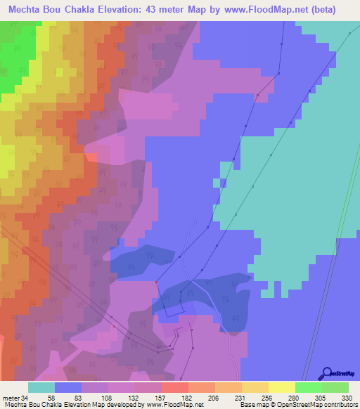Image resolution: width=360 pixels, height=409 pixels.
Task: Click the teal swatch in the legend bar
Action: (41, 387)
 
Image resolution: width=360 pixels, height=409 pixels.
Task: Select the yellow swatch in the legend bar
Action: (282, 387)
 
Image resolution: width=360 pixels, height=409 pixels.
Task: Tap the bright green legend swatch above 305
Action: (309, 387)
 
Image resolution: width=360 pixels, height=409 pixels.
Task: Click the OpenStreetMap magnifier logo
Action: (326, 373)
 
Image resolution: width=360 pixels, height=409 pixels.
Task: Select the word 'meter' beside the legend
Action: (11, 396)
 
